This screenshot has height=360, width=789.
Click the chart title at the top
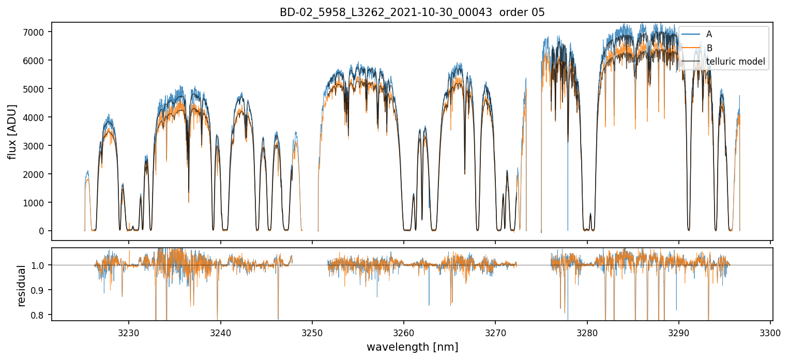click(412, 12)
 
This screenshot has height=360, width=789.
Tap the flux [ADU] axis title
click(12, 131)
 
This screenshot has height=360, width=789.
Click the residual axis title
click(21, 286)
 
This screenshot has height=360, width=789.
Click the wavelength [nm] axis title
click(412, 347)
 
